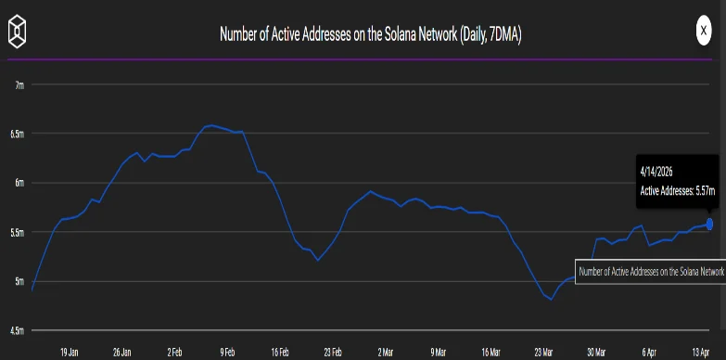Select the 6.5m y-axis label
[18, 134]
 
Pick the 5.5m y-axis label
[18, 231]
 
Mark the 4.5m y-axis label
[18, 329]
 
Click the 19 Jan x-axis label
[70, 353]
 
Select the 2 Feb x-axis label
[174, 353]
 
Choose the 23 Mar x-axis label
[544, 353]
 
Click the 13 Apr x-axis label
[702, 353]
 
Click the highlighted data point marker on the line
[709, 224]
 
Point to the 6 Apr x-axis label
[650, 353]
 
